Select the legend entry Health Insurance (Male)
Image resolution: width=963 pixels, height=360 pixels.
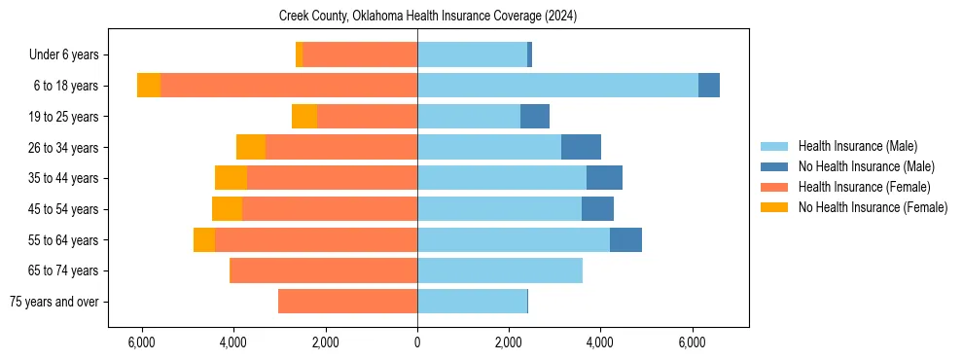[857, 146]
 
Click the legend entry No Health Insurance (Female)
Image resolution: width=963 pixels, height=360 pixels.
[873, 207]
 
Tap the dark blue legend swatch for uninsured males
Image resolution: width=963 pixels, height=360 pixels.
[774, 166]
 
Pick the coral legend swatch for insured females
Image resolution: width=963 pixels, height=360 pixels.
[774, 187]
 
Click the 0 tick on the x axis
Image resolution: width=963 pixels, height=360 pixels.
[417, 342]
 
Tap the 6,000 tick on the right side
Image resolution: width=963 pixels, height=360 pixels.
[692, 342]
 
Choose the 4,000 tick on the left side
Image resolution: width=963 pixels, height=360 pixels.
[233, 342]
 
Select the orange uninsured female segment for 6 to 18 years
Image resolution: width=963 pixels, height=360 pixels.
[149, 86]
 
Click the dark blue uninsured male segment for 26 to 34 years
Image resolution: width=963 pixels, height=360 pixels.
[581, 147]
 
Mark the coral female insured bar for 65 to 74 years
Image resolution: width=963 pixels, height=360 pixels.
[323, 270]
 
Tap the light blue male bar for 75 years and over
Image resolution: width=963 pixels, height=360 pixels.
[472, 302]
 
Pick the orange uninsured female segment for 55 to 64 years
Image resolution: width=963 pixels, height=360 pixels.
[204, 239]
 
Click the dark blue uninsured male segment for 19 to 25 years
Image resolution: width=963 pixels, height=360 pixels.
[535, 117]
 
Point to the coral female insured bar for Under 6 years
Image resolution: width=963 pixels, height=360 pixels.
[360, 54]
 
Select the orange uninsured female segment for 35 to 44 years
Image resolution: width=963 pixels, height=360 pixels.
[231, 178]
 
